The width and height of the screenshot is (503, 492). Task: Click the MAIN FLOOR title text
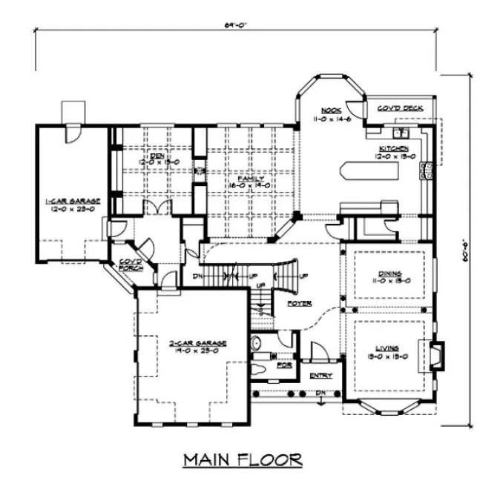click(243, 460)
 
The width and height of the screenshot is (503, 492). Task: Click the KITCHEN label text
click(392, 148)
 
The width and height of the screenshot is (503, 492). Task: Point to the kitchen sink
click(404, 134)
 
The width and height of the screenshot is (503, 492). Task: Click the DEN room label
click(155, 156)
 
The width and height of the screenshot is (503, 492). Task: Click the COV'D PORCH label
click(131, 264)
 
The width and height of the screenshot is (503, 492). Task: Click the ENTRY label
click(320, 375)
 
